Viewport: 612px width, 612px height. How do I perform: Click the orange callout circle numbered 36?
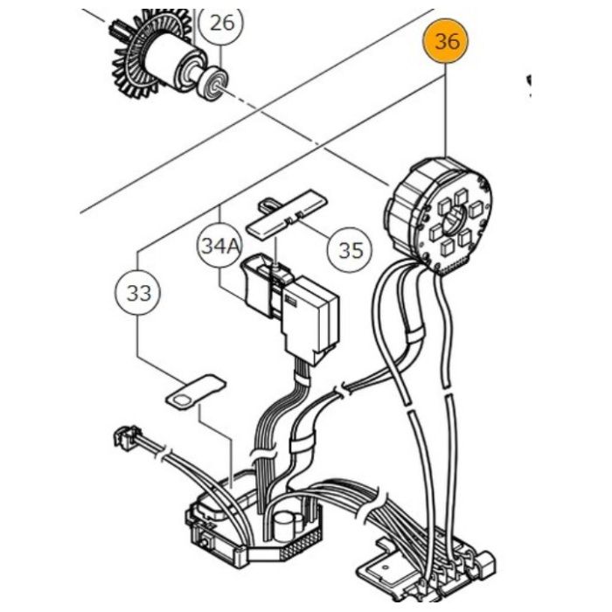pos(446,41)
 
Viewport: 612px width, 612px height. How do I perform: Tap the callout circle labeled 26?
pos(221,24)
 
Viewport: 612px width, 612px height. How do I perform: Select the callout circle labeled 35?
pos(350,250)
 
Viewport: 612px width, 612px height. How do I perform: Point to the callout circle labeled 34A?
pos(219,246)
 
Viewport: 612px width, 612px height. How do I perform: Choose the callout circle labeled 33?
pos(138,292)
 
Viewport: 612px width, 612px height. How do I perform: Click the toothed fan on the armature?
pos(133,59)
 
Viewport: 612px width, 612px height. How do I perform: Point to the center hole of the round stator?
pos(456,219)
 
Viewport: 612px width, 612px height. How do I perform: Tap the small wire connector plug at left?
pos(125,435)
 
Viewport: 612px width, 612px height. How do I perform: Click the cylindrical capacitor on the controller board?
pos(283,527)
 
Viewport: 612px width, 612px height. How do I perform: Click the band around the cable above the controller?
pos(300,443)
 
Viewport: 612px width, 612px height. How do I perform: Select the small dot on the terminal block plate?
pos(386,567)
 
